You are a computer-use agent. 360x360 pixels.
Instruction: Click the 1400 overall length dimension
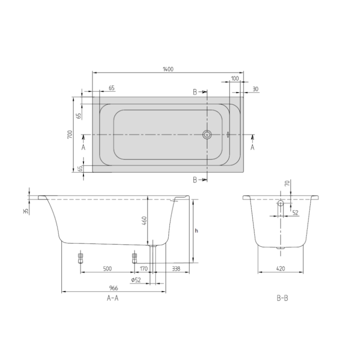pyautogui.click(x=168, y=69)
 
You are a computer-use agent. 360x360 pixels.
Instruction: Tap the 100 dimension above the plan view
pyautogui.click(x=234, y=79)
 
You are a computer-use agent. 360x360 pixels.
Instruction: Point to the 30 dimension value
pyautogui.click(x=255, y=89)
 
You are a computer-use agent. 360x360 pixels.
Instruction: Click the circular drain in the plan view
pyautogui.click(x=207, y=134)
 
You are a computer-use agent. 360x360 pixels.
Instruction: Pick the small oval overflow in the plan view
pyautogui.click(x=227, y=134)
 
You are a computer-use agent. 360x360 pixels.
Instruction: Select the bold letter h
pyautogui.click(x=196, y=230)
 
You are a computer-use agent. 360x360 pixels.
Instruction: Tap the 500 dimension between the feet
pyautogui.click(x=107, y=269)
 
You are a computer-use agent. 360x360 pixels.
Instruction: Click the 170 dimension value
pyautogui.click(x=143, y=269)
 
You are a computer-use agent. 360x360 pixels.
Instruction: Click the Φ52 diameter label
pyautogui.click(x=136, y=280)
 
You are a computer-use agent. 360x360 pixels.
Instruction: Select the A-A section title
pyautogui.click(x=112, y=298)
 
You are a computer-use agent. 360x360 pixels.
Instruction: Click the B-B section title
pyautogui.click(x=282, y=298)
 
